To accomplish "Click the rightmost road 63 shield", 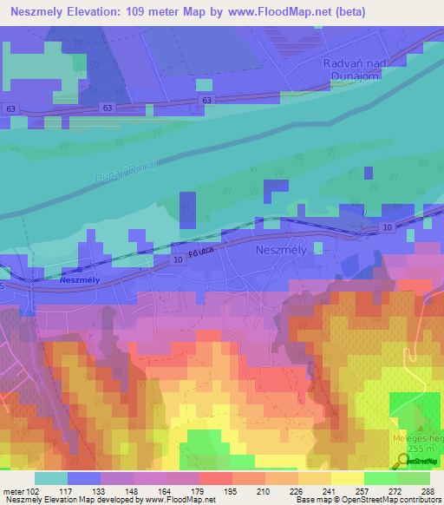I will [x=206, y=101].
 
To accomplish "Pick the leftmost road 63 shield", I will [x=10, y=108].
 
